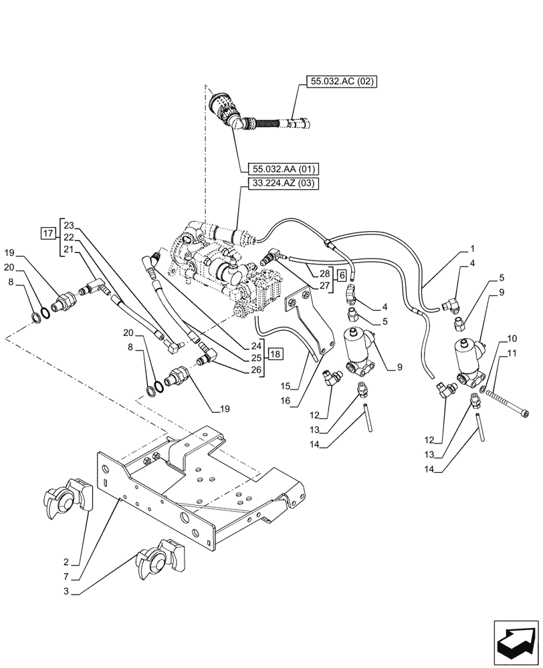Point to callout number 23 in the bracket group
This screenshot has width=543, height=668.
(x=70, y=225)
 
